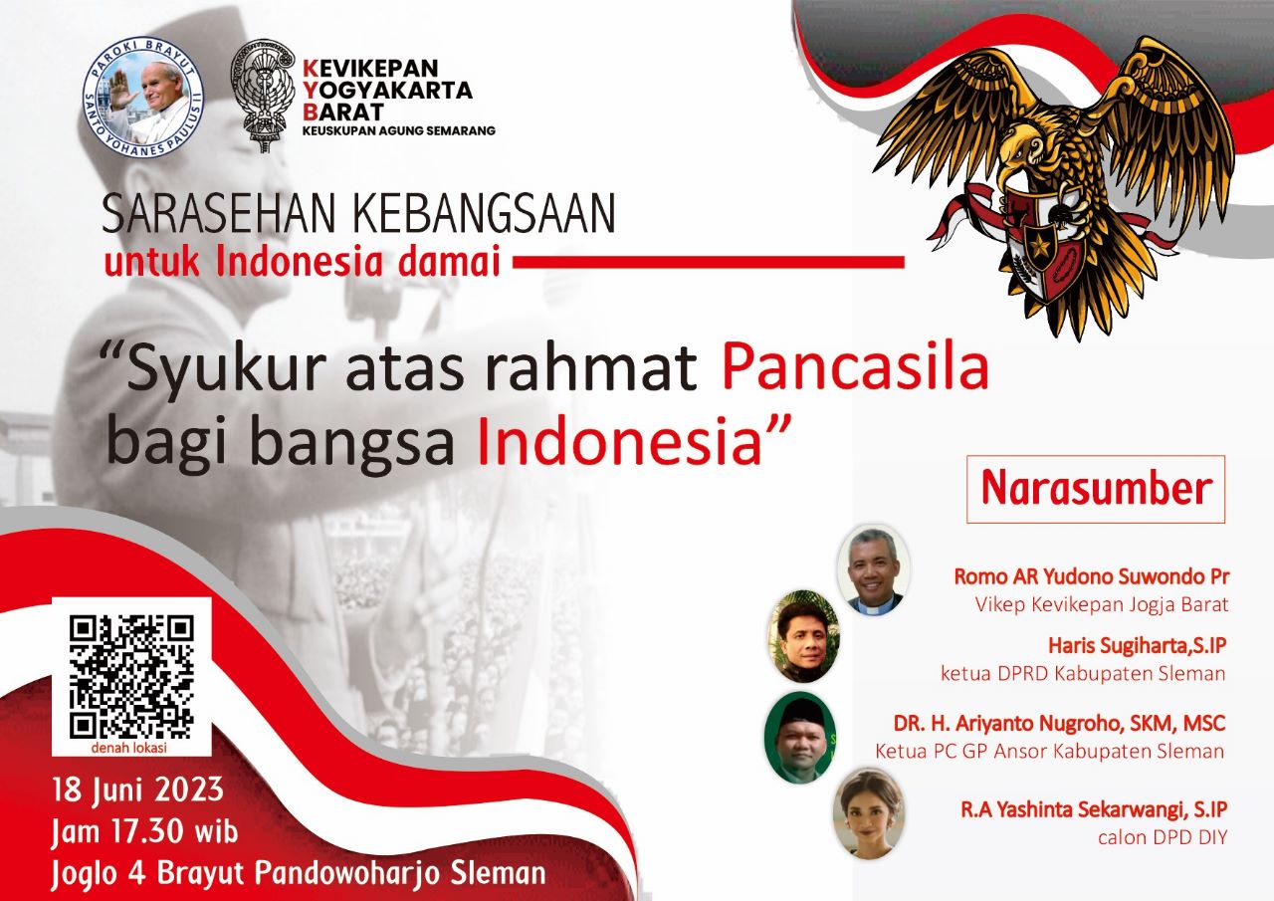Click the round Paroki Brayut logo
(142, 97)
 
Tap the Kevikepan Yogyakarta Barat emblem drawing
(264, 95)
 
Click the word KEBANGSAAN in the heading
(484, 213)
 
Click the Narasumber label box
(1096, 489)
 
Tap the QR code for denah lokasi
(131, 676)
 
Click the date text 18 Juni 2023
(138, 790)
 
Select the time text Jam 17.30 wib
(144, 832)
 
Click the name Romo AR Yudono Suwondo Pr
(1092, 576)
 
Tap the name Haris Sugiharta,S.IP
(1138, 645)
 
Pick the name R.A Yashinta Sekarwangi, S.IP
(1094, 809)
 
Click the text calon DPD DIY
(1163, 837)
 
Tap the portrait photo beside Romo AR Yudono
(874, 569)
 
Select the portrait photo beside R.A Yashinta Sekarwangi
(869, 814)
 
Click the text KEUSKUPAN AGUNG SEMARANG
(399, 130)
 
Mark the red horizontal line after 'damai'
(709, 262)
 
